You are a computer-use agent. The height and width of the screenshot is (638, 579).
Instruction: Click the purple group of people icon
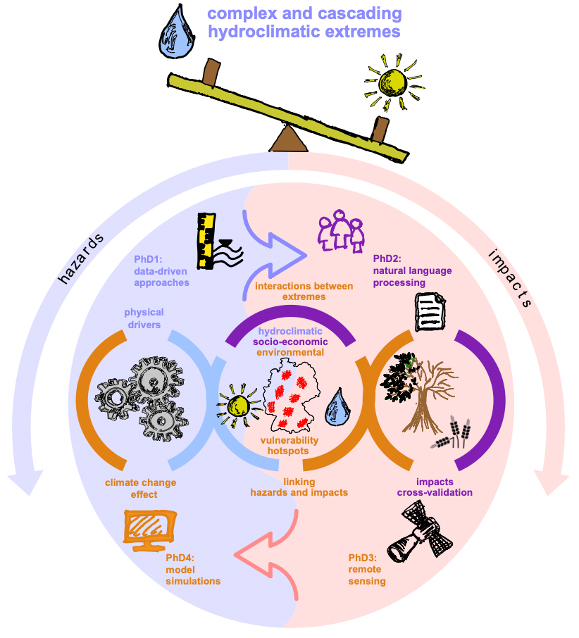coord(341,229)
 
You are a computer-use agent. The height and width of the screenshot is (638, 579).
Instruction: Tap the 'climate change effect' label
coord(140,488)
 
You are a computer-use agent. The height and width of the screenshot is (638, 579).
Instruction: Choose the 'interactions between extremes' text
coord(290,292)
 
